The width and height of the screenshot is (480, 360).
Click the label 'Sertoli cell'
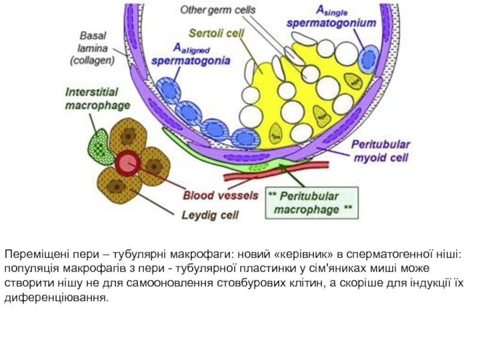(216, 33)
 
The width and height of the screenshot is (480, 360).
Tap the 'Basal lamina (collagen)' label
(92, 48)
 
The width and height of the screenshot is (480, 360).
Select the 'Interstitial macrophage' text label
(97, 98)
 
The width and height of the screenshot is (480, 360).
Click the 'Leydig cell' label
(210, 215)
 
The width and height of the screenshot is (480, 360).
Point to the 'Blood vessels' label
(220, 196)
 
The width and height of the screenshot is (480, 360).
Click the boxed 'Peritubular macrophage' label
(311, 203)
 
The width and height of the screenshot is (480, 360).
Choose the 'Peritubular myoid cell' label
(381, 151)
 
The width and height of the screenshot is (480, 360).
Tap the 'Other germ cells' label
(217, 10)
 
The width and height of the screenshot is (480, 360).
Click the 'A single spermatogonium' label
(331, 17)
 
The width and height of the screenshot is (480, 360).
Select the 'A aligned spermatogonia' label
(191, 55)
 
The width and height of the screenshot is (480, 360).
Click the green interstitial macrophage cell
(98, 146)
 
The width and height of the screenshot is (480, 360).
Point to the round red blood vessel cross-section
(128, 163)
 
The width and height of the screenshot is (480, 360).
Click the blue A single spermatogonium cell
(369, 59)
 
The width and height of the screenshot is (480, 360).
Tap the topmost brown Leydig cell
(128, 136)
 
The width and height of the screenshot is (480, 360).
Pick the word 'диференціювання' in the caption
(56, 297)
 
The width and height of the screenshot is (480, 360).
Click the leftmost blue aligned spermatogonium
(169, 90)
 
